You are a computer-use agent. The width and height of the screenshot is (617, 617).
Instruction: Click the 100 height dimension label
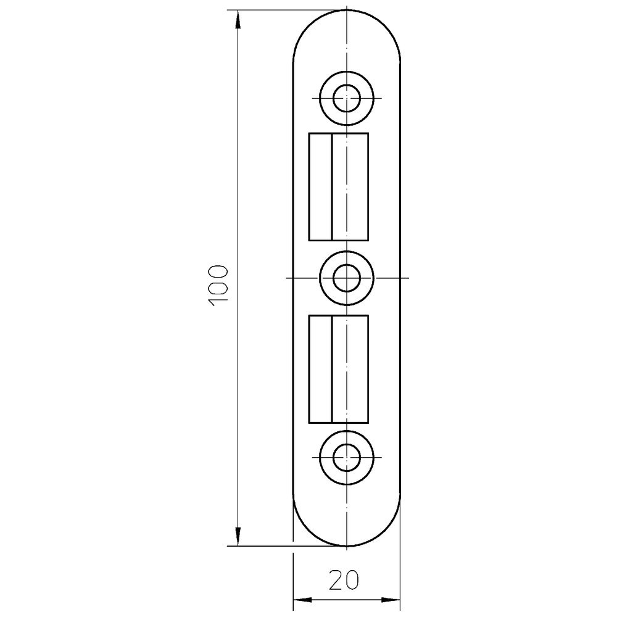click(x=218, y=286)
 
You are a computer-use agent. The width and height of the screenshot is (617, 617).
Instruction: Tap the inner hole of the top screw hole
click(x=347, y=97)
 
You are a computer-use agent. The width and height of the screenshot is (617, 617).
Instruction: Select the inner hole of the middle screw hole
click(x=347, y=278)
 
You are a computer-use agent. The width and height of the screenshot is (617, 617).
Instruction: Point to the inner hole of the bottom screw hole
click(x=347, y=458)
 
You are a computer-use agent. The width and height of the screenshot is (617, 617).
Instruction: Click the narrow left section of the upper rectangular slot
click(x=320, y=186)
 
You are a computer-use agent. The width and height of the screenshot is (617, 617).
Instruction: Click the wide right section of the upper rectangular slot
click(x=350, y=186)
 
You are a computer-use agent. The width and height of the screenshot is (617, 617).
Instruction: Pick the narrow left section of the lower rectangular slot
click(x=320, y=369)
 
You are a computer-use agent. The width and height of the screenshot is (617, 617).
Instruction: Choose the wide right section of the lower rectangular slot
click(x=350, y=369)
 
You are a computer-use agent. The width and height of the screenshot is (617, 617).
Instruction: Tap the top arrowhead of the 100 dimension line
click(x=238, y=20)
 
